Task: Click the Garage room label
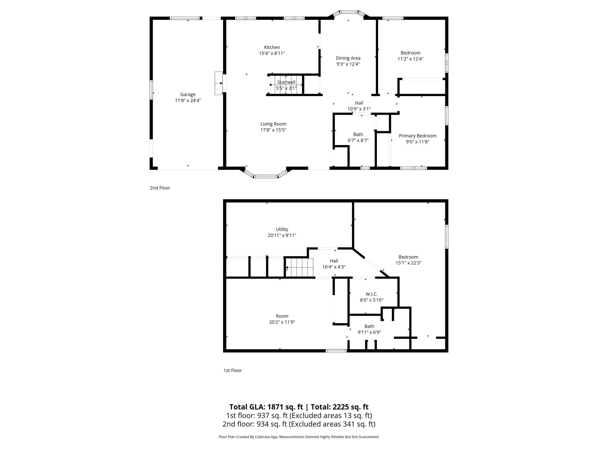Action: coord(188,94)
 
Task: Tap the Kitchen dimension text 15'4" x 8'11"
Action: coord(272,53)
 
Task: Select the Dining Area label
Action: coord(348,58)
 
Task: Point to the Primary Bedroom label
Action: coord(417,136)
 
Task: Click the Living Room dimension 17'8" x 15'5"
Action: coord(273,130)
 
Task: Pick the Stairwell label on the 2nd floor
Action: coord(286,82)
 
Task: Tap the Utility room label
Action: coord(282,229)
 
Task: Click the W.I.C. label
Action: coord(371,294)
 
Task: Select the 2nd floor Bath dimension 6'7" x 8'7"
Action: coord(358,140)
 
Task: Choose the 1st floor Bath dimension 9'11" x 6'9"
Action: coord(369,332)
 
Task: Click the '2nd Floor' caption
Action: coord(160,188)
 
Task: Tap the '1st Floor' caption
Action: coord(233,370)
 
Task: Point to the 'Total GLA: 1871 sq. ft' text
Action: coord(266,407)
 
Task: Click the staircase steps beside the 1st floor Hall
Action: coord(300,268)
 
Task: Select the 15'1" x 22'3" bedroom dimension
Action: coord(408,263)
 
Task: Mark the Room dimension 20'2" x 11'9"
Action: coord(282,322)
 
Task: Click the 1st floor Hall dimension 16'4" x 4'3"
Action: coord(334,267)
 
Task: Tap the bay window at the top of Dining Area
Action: coord(348,13)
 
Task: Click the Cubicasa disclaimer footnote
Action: coord(299,437)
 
